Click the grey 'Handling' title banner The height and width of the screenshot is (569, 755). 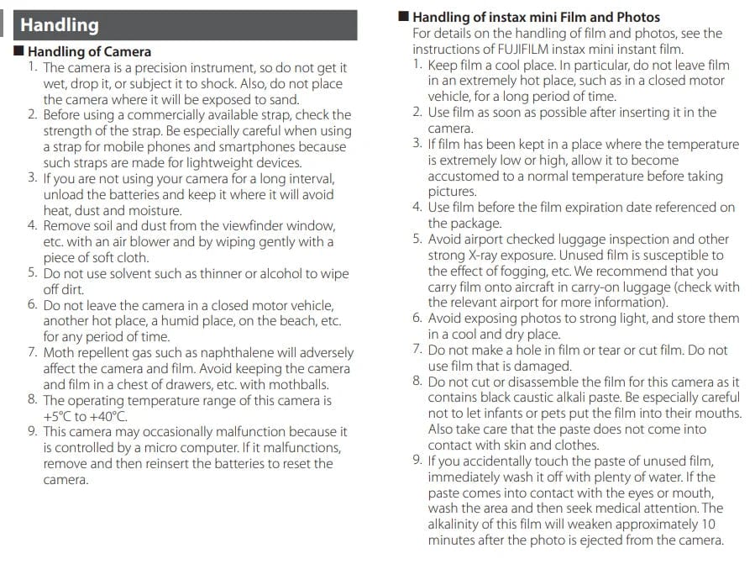(x=180, y=25)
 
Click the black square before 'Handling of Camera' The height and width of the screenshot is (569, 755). (x=20, y=51)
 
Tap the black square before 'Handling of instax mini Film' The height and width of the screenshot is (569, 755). (x=403, y=16)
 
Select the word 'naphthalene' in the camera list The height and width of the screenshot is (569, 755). (x=210, y=352)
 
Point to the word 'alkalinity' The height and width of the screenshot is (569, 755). (x=457, y=524)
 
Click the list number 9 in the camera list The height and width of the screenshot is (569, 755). (x=32, y=432)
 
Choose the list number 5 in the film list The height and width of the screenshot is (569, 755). (x=417, y=239)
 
